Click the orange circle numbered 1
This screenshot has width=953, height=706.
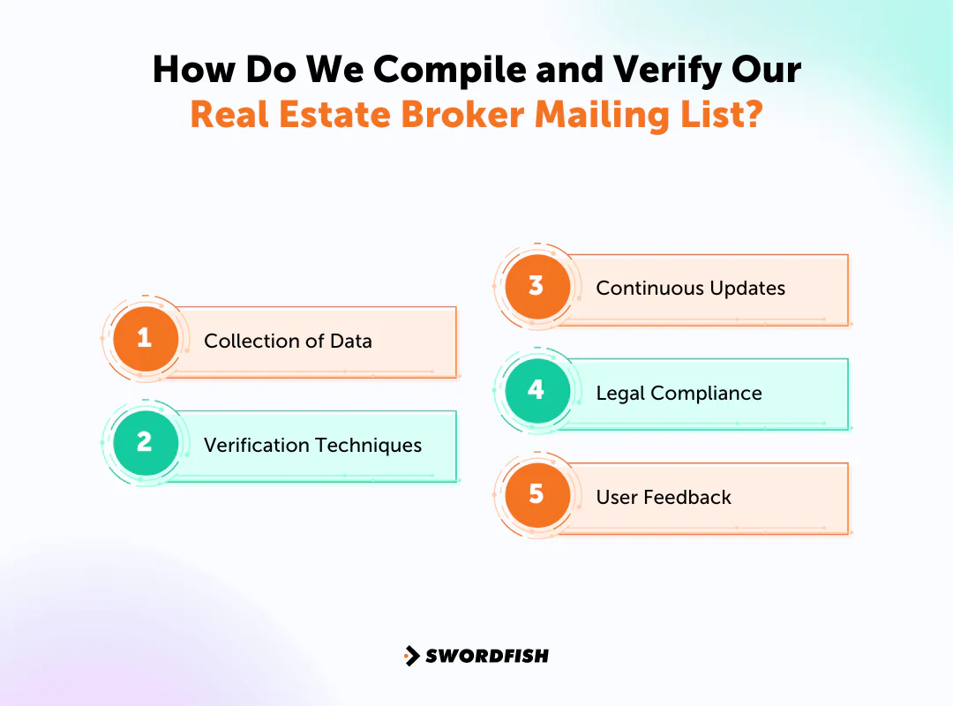[145, 338]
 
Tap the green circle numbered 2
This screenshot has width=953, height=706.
[145, 442]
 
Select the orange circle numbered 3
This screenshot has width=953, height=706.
[537, 286]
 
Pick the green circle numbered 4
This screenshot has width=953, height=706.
[537, 390]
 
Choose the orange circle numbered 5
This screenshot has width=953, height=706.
[537, 494]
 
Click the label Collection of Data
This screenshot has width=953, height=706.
[288, 341]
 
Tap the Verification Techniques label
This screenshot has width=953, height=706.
[312, 445]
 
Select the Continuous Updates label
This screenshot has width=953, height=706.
[690, 289]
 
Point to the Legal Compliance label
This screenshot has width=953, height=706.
[679, 393]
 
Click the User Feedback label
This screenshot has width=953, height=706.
[664, 497]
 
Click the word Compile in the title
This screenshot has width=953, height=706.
[398, 71]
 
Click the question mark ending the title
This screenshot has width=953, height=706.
[753, 116]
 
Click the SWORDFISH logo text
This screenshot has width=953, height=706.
[487, 656]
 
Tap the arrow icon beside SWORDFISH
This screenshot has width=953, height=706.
[411, 656]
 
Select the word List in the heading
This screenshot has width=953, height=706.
[713, 116]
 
